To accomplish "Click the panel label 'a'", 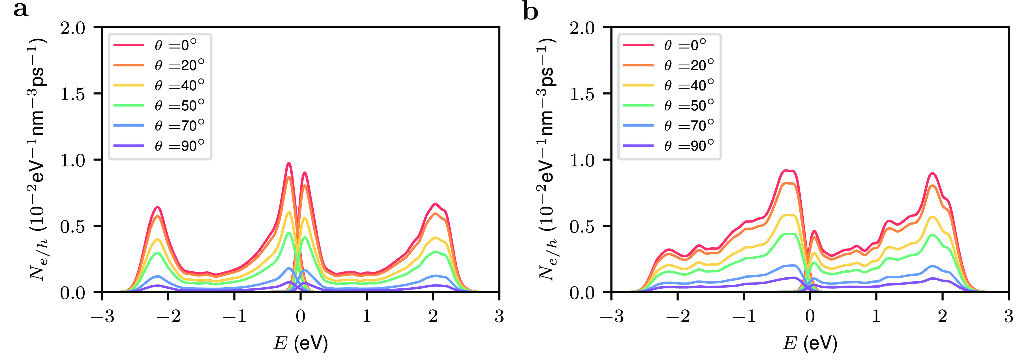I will [21, 10].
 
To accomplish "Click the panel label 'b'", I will [530, 11].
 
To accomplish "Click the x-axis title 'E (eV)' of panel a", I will [301, 343].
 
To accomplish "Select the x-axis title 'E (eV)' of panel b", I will [810, 343].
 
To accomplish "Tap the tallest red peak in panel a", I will [289, 163].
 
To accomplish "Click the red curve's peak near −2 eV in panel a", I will [157, 207].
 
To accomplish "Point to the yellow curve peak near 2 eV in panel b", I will [932, 217].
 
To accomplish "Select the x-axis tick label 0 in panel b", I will [810, 316].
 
